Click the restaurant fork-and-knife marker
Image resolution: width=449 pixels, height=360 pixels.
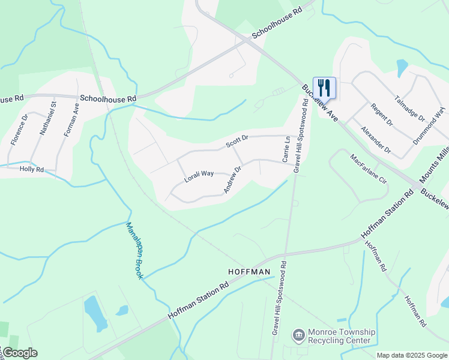point(324,88)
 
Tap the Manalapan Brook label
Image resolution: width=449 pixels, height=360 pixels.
point(134,250)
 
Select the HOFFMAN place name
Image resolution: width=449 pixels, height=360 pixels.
point(250,272)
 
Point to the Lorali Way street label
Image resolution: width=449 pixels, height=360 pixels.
point(199,174)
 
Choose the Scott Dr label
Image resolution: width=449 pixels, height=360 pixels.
point(237,142)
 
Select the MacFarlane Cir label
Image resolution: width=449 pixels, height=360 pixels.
point(369,170)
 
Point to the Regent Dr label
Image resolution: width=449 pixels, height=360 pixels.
point(381,114)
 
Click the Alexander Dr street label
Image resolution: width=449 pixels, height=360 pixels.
point(376,140)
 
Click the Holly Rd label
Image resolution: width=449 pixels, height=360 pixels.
point(32,170)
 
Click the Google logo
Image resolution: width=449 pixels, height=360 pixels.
point(20,353)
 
